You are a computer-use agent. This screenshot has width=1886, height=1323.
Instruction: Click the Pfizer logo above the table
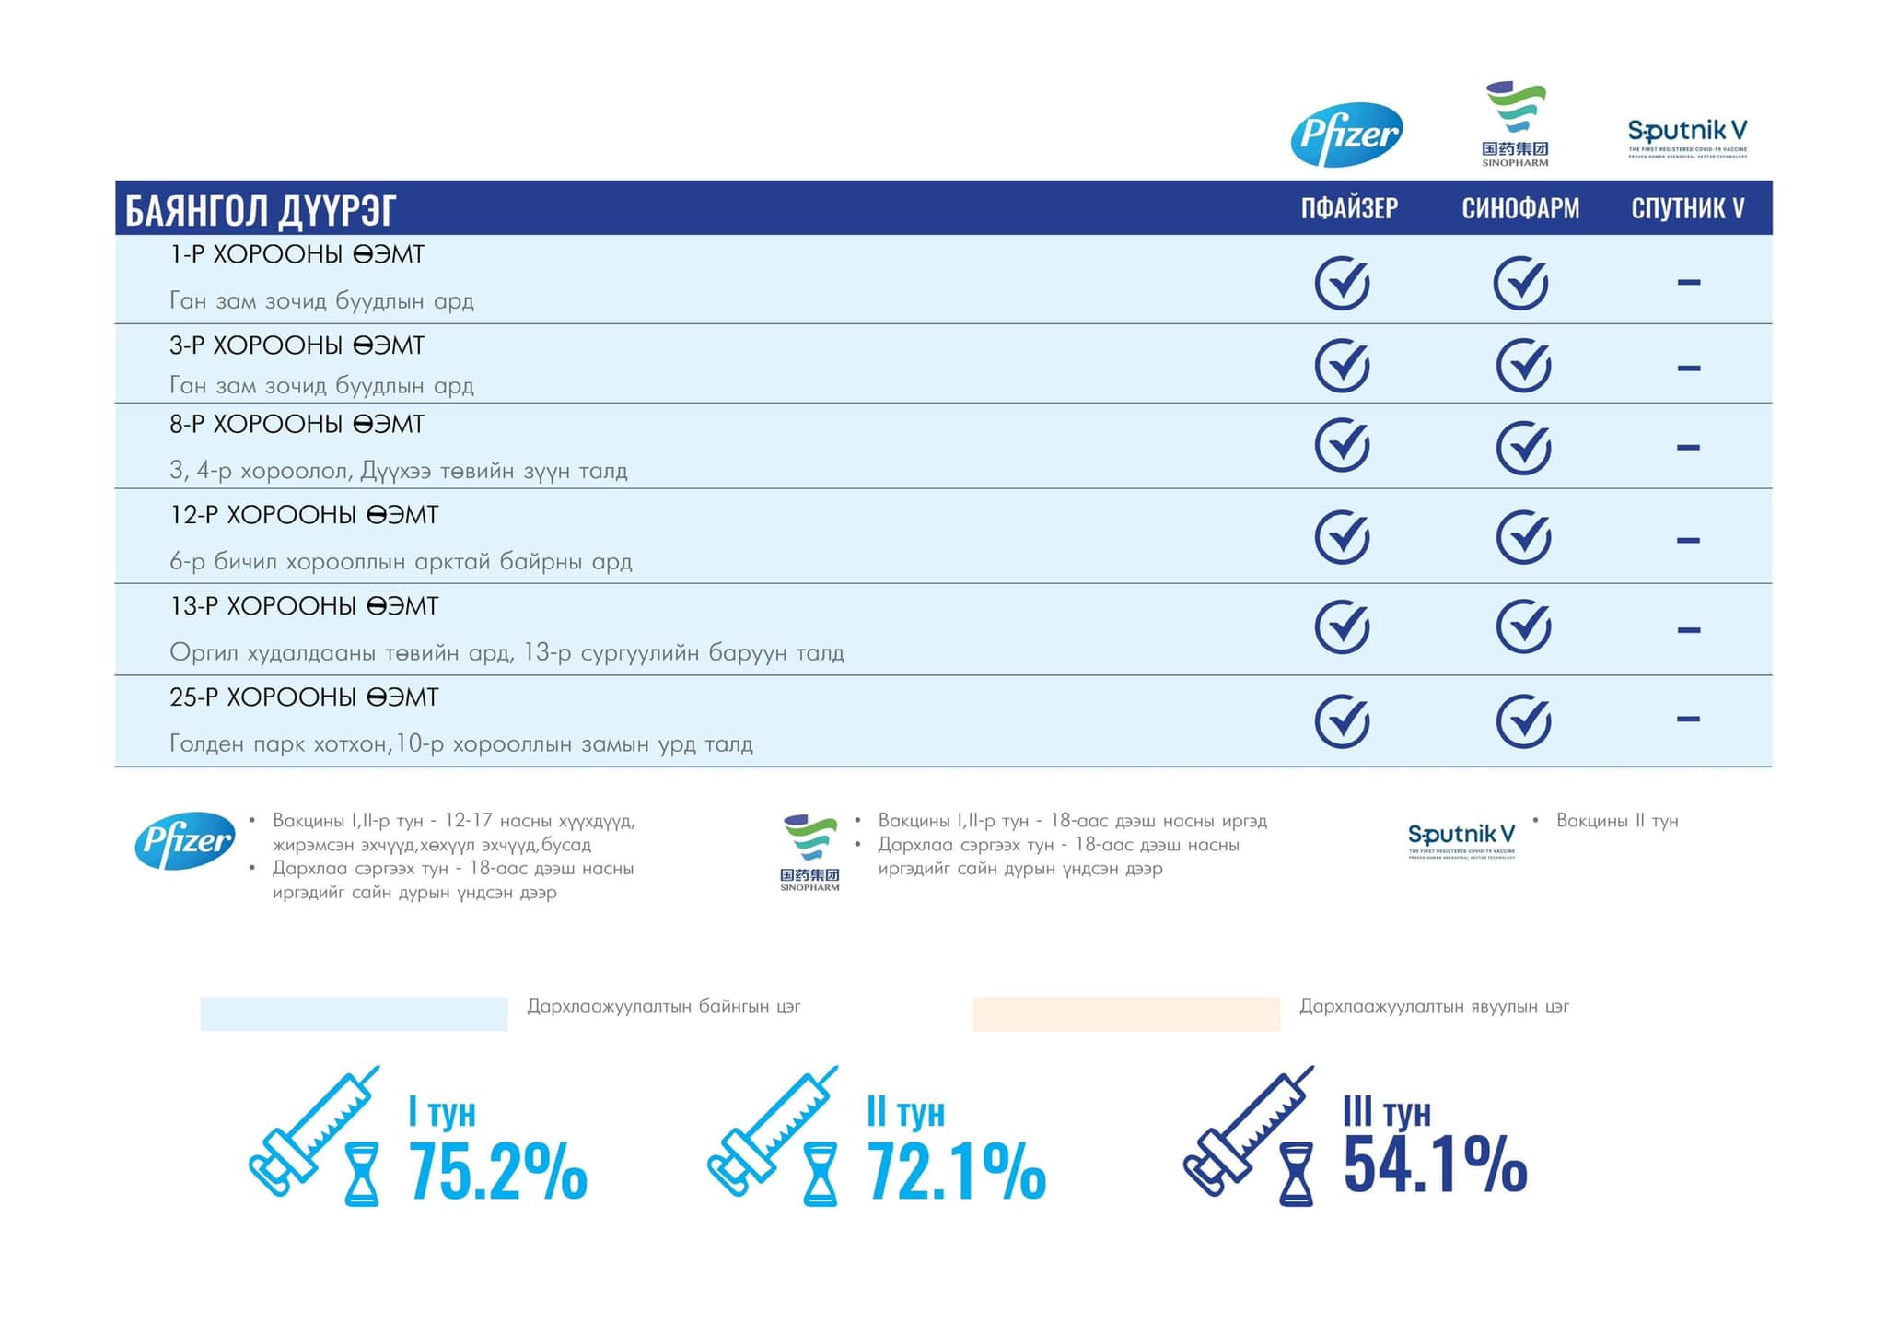[x=1346, y=135]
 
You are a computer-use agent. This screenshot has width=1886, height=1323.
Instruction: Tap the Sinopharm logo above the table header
[x=1516, y=124]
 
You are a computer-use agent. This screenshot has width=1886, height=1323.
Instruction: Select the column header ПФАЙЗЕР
[x=1349, y=208]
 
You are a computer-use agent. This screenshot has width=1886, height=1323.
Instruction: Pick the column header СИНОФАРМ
[x=1520, y=208]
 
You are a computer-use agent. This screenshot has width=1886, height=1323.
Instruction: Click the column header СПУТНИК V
[x=1688, y=208]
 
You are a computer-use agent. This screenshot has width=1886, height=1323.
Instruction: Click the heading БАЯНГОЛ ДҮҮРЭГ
[x=261, y=210]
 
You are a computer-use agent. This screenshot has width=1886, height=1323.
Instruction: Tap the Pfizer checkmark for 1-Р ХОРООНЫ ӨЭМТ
[x=1342, y=282]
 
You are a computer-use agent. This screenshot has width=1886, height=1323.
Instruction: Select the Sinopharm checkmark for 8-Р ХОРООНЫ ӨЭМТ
[x=1523, y=448]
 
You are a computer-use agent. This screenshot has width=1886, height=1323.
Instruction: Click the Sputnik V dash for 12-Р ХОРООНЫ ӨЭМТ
[x=1688, y=540]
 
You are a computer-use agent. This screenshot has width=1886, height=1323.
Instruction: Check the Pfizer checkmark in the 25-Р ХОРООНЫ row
[x=1342, y=720]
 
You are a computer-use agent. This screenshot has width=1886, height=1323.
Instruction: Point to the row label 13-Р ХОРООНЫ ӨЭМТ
[x=304, y=606]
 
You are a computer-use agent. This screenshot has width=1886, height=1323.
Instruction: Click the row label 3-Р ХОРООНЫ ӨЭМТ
[x=297, y=345]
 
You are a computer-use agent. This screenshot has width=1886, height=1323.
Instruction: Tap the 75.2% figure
[x=497, y=1171]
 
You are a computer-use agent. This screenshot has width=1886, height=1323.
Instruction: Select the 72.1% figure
[x=956, y=1171]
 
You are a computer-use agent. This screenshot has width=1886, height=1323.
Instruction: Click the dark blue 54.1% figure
[x=1435, y=1165]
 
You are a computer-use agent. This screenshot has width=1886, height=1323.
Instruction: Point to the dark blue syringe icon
[x=1247, y=1133]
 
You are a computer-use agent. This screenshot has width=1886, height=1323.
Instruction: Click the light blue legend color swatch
[x=354, y=1013]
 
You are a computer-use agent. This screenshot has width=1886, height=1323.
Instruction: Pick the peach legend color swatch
[x=1126, y=1013]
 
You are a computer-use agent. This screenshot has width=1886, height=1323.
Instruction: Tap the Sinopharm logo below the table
[x=809, y=852]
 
